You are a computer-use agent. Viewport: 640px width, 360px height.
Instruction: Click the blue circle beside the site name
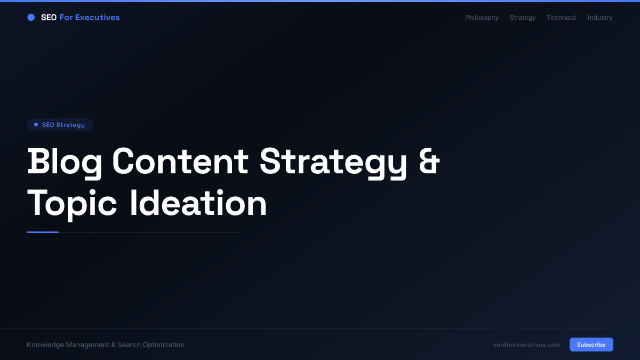pos(31,18)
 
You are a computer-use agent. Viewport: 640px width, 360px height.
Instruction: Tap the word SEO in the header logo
pos(49,18)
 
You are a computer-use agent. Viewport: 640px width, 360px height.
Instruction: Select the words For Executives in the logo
pos(90,18)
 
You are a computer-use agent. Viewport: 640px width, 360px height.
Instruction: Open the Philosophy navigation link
pos(482,18)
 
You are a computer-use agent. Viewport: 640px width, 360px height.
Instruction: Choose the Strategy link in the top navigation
pos(523,18)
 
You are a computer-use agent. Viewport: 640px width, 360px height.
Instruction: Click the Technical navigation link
pos(561,18)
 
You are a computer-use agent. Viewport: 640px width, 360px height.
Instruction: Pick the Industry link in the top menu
pos(600,18)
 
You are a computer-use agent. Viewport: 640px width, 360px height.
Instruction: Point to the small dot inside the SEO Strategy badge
pos(36,125)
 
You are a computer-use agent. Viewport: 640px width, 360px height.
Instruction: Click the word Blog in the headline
pos(65,161)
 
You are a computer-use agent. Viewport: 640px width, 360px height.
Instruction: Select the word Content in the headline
pos(180,161)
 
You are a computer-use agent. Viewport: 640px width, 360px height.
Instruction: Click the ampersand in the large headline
pos(429,161)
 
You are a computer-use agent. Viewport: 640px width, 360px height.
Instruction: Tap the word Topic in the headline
pos(72,203)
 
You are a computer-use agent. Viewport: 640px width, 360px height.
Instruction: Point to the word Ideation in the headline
pos(198,203)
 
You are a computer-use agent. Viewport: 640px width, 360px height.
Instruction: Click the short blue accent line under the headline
pos(43,232)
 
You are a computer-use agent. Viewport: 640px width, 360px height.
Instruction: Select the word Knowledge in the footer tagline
pos(45,345)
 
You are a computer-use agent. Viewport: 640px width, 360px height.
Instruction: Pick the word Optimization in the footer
pos(164,345)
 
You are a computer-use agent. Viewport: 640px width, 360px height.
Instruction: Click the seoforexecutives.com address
pos(527,345)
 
